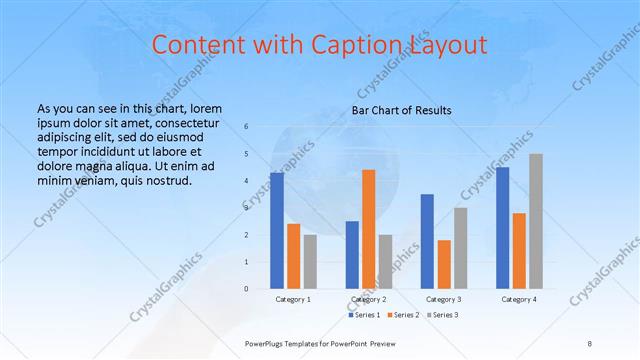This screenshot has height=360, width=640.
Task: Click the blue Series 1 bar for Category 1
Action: coord(277,230)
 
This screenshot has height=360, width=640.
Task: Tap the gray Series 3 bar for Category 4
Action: coord(536,221)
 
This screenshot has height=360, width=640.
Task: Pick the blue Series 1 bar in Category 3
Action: coord(427,241)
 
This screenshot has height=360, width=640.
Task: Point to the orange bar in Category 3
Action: coord(444,264)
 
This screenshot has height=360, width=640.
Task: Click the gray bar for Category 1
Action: coord(310,262)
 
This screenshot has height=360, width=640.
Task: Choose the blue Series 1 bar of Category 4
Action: coord(502,228)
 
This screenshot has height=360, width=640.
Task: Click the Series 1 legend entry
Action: coord(364,316)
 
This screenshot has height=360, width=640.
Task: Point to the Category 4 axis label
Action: coord(519,299)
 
